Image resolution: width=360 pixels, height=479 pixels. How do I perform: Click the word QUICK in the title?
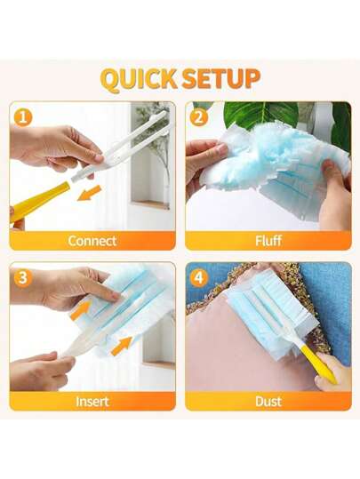139,80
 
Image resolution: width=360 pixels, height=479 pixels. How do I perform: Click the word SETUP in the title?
220,79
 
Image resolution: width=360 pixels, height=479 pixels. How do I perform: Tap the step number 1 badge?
22,117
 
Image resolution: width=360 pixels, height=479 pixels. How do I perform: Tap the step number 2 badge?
198,117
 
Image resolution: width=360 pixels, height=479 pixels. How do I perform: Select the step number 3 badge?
22,278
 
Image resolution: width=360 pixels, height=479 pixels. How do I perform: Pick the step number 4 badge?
198,278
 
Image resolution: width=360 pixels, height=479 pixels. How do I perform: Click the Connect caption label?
92,241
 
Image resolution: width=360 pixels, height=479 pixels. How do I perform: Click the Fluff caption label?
268,241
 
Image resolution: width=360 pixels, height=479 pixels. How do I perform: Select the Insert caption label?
92,401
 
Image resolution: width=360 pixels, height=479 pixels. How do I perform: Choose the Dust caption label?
268,401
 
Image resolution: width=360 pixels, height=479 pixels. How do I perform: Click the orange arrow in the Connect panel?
89,193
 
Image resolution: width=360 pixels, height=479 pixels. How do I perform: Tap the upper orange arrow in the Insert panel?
80,310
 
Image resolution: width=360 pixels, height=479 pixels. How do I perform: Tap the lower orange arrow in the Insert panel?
121,346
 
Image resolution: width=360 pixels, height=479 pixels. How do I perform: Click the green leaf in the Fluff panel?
260,115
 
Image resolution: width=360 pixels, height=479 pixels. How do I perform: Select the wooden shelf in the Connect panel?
150,204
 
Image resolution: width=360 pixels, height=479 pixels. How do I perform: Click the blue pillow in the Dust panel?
329,301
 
